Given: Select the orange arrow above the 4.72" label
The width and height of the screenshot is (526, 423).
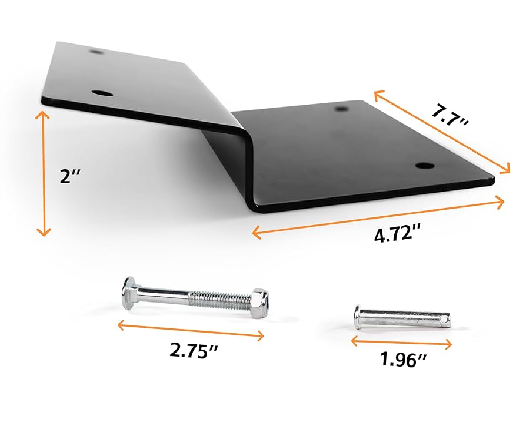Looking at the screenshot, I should [x=378, y=217].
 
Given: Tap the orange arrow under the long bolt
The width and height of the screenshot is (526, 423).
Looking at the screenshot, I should [x=190, y=328].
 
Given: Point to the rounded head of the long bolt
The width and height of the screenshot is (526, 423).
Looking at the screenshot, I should [x=128, y=290].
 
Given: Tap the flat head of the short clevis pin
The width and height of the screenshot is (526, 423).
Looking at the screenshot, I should [x=358, y=317].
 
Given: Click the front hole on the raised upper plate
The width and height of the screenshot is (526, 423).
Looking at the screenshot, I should [x=104, y=93].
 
